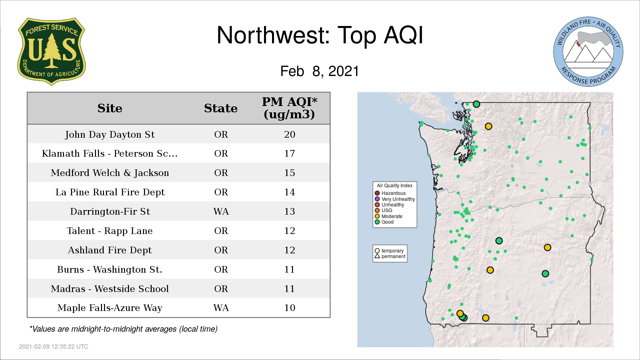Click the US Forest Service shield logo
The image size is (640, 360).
click(51, 52)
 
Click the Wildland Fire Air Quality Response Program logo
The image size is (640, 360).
click(588, 52)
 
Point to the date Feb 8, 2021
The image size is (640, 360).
click(319, 71)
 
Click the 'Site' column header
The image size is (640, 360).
click(110, 108)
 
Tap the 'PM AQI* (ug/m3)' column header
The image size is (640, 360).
click(289, 108)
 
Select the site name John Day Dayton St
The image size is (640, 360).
click(110, 134)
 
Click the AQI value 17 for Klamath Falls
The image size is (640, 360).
click(289, 153)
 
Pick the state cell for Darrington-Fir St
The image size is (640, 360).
click(221, 211)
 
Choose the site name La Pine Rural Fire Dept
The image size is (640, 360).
click(110, 192)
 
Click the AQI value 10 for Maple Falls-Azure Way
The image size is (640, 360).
click(289, 308)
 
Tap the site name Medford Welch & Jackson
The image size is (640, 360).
click(110, 173)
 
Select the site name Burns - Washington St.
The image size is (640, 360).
click(110, 269)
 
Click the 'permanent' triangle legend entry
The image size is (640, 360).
click(390, 256)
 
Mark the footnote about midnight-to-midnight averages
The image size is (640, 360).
click(123, 329)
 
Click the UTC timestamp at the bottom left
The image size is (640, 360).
click(54, 347)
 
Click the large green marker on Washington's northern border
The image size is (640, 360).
click(476, 104)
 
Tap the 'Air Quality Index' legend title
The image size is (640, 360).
click(395, 186)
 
